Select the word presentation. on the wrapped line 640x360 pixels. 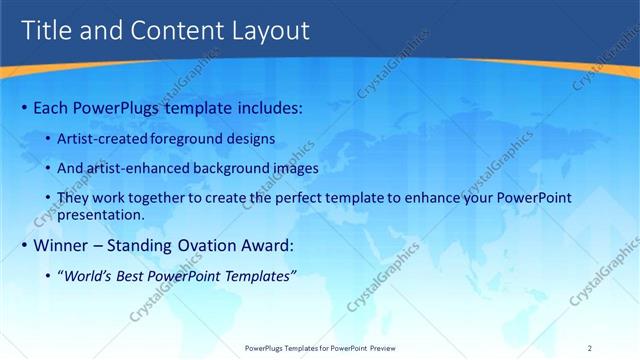pos(102,214)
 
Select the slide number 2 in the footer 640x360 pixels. pos(591,348)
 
